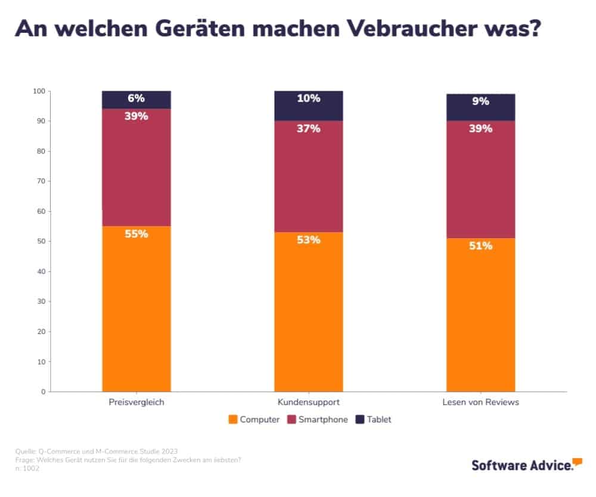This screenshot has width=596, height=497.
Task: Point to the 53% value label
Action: (309, 240)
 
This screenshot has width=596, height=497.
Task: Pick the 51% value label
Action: (480, 246)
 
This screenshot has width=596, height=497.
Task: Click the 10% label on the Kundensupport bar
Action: (309, 98)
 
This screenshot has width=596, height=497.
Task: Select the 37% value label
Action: (309, 128)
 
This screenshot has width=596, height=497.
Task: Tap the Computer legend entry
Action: (254, 419)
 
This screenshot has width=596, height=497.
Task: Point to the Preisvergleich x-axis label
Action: (136, 402)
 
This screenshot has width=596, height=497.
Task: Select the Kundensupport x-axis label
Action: (309, 402)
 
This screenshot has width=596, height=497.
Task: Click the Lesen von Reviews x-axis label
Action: (480, 402)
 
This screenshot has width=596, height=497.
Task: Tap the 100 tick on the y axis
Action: (39, 91)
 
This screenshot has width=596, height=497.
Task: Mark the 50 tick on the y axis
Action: (41, 242)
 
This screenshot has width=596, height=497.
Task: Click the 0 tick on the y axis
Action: (43, 392)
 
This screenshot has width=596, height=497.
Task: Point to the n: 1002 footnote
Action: (28, 469)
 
